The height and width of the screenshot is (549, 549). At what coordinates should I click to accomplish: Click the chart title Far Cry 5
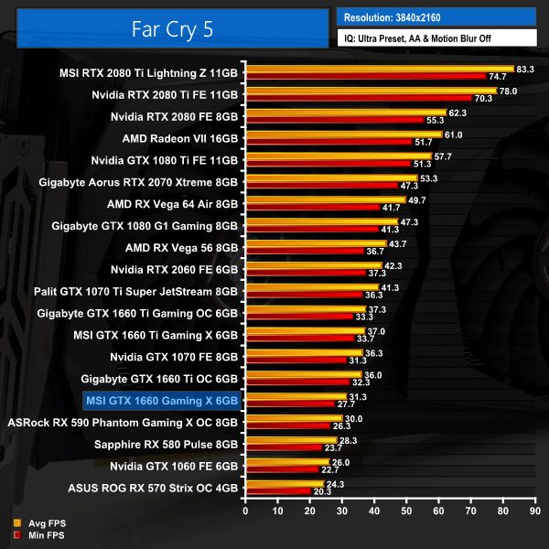coord(164,28)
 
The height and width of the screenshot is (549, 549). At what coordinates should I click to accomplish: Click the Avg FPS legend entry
coord(41,523)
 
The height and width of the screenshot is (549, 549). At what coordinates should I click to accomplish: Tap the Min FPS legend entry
coord(41,533)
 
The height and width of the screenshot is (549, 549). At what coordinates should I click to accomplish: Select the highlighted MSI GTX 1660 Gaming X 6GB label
coord(162,400)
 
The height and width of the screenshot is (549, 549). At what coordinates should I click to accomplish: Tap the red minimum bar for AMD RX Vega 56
coord(304,251)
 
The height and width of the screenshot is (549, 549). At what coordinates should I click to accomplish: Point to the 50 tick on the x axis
coord(408,511)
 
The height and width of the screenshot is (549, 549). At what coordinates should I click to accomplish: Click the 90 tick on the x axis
coord(539,511)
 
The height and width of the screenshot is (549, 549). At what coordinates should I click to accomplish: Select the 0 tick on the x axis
coord(244,511)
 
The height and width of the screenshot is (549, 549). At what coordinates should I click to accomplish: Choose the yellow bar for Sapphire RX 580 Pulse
coord(291,442)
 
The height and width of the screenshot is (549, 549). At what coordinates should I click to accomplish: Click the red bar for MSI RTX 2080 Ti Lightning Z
coord(366,76)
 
